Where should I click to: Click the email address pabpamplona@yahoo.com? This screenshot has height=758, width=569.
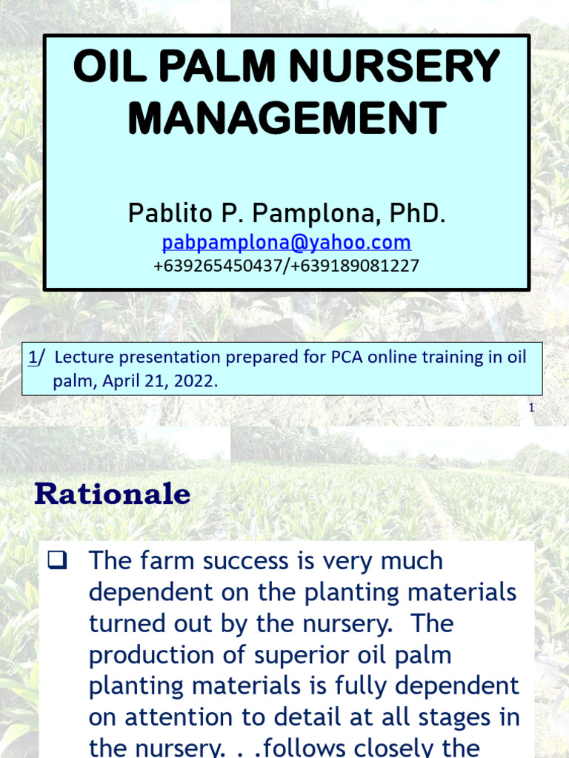pyautogui.click(x=287, y=242)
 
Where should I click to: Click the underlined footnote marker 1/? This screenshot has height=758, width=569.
pyautogui.click(x=36, y=358)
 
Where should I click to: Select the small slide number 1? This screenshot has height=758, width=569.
pyautogui.click(x=531, y=407)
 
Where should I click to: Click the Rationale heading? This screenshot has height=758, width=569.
pyautogui.click(x=113, y=494)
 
